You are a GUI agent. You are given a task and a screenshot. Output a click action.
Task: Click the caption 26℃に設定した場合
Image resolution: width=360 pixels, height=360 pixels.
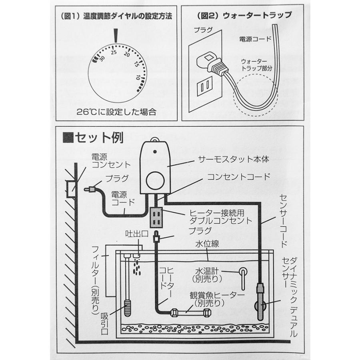tap(116, 112)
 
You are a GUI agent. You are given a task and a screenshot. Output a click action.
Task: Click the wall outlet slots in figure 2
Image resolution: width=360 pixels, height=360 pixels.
tap(206, 86)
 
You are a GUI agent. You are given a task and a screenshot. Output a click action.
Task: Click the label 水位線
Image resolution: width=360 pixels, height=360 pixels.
tap(207, 244)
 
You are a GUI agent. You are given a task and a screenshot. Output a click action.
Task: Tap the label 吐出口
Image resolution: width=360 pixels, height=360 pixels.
tap(132, 234)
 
